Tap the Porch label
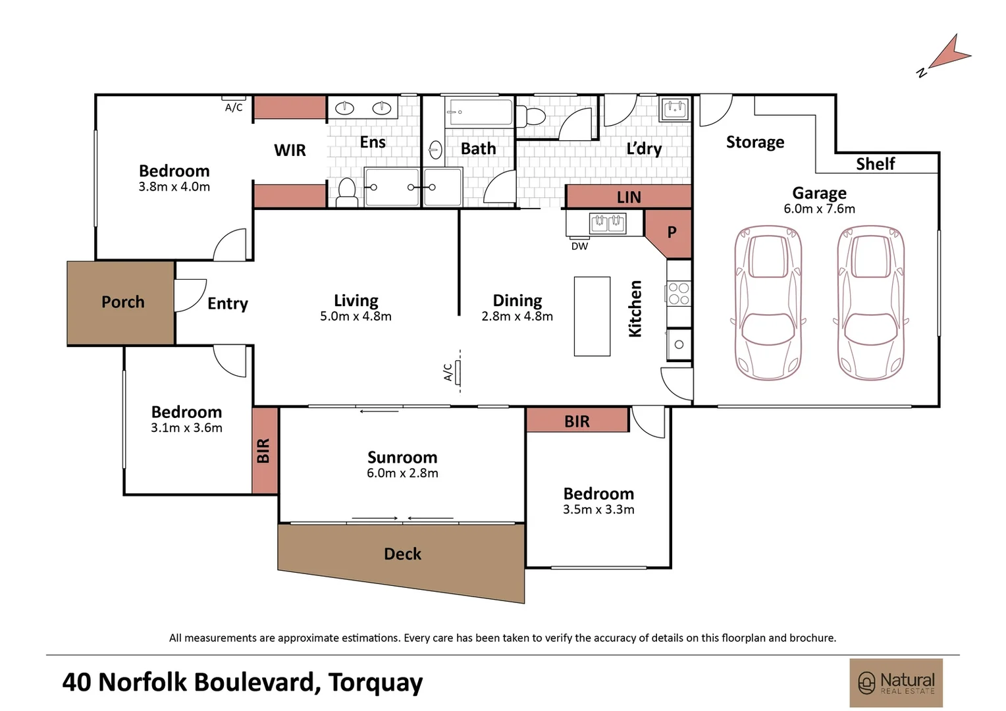pos(123,302)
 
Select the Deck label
pos(402,554)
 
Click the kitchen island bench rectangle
pos(592,316)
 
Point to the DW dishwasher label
pos(579,246)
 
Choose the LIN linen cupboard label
pos(629,197)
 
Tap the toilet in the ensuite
pos(347,193)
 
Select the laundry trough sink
pos(675,109)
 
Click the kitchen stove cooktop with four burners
pos(679,294)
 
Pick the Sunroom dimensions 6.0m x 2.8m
pos(402,473)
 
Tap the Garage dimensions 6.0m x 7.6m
pos(819,209)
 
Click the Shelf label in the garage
pos(875,164)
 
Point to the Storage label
pos(755,142)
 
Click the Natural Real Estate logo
pos(896,683)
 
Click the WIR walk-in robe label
pos(290,150)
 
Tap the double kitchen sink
pos(608,223)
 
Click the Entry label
pos(228,303)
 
